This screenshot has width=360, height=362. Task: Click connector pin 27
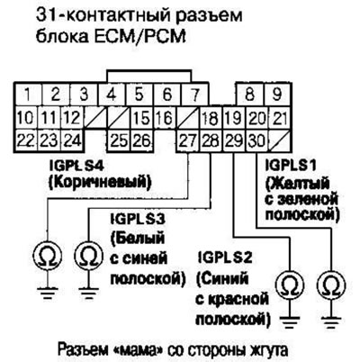tap(188, 140)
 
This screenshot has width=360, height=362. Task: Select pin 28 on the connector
tap(211, 140)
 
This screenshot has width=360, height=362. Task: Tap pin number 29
tap(234, 140)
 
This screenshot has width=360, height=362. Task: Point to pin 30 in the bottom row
tap(256, 140)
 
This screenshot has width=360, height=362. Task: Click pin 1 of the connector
tap(28, 95)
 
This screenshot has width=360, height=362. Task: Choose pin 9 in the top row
tap(276, 95)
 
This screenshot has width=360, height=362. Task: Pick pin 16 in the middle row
tap(166, 118)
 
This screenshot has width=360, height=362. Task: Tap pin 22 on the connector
tap(26, 140)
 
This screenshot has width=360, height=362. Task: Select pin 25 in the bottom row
tap(119, 140)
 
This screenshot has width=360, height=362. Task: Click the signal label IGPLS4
tap(76, 166)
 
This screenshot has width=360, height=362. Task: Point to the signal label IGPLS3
tap(138, 220)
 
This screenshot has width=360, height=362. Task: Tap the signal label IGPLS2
tap(225, 258)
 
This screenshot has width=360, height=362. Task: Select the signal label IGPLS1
tap(291, 166)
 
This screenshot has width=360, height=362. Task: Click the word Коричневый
tap(99, 183)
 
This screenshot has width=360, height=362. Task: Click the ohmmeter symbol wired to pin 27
tap(47, 257)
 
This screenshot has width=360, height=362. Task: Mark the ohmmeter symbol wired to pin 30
tap(331, 284)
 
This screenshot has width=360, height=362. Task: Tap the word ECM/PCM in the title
tap(148, 37)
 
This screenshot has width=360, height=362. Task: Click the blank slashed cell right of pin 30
tap(280, 140)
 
